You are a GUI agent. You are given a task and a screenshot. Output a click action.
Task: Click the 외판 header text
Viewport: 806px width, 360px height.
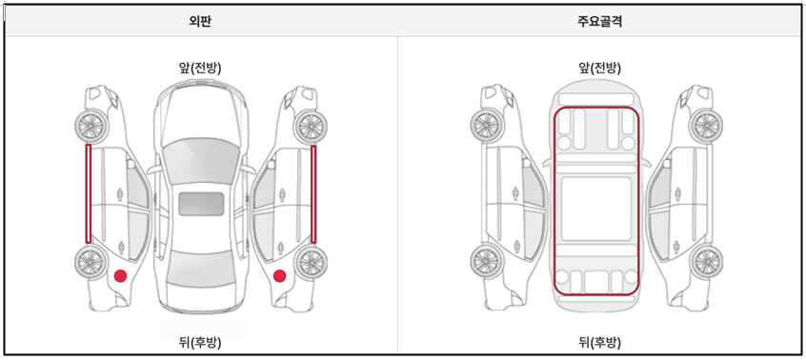click(200, 22)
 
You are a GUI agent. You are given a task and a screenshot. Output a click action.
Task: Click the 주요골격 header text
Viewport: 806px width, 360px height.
click(600, 22)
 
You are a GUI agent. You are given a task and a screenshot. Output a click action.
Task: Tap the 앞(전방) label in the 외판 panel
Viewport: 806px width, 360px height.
click(200, 69)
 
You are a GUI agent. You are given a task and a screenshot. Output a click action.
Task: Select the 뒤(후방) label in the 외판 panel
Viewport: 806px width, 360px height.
click(200, 343)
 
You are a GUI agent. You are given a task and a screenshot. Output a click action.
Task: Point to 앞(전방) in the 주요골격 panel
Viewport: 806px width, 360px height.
click(600, 69)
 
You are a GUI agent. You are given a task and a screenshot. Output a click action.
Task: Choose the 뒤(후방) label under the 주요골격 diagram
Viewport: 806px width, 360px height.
click(600, 343)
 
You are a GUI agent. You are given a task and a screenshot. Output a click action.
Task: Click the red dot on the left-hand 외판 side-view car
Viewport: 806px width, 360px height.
click(120, 276)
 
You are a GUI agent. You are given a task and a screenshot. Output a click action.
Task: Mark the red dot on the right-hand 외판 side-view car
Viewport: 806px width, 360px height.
click(280, 276)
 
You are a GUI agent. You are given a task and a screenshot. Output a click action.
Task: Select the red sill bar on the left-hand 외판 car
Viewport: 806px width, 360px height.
click(88, 193)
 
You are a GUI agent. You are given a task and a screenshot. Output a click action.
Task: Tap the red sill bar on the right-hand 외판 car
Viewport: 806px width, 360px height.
click(313, 193)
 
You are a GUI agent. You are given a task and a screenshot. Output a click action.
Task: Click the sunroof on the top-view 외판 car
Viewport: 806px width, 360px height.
click(201, 204)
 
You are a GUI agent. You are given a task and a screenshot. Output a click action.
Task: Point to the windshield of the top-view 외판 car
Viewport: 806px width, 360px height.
click(201, 162)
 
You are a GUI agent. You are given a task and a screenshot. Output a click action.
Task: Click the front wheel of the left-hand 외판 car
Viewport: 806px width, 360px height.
click(91, 125)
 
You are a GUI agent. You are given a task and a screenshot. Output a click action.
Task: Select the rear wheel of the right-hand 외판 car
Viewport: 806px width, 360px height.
click(311, 263)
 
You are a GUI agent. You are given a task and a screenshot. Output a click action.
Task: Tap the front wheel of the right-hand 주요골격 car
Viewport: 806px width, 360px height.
click(706, 125)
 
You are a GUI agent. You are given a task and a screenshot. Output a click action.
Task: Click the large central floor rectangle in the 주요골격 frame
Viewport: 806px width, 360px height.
click(596, 209)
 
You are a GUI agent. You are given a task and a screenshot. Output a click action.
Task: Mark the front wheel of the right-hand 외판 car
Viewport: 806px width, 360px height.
click(311, 125)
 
